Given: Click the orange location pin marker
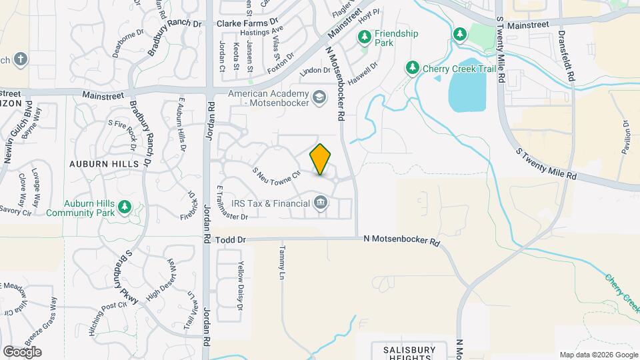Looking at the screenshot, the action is pos(321,159).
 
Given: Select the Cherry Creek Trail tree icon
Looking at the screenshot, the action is pos(413,67).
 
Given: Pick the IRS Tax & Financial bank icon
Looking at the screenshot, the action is pos(321,202).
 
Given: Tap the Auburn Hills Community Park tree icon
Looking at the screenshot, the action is pos(124,209).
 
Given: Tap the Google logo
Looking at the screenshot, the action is pos(22,351).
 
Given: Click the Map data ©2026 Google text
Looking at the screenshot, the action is pos(598,355).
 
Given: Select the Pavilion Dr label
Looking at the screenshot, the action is pos(626,137).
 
